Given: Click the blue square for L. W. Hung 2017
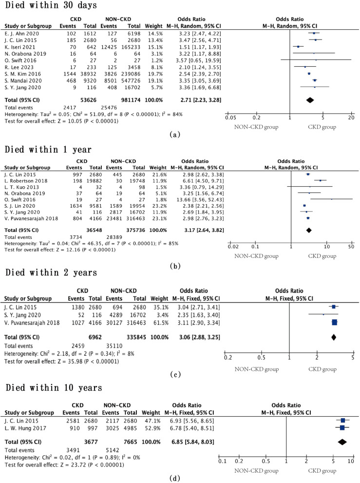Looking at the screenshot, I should (342, 427).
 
